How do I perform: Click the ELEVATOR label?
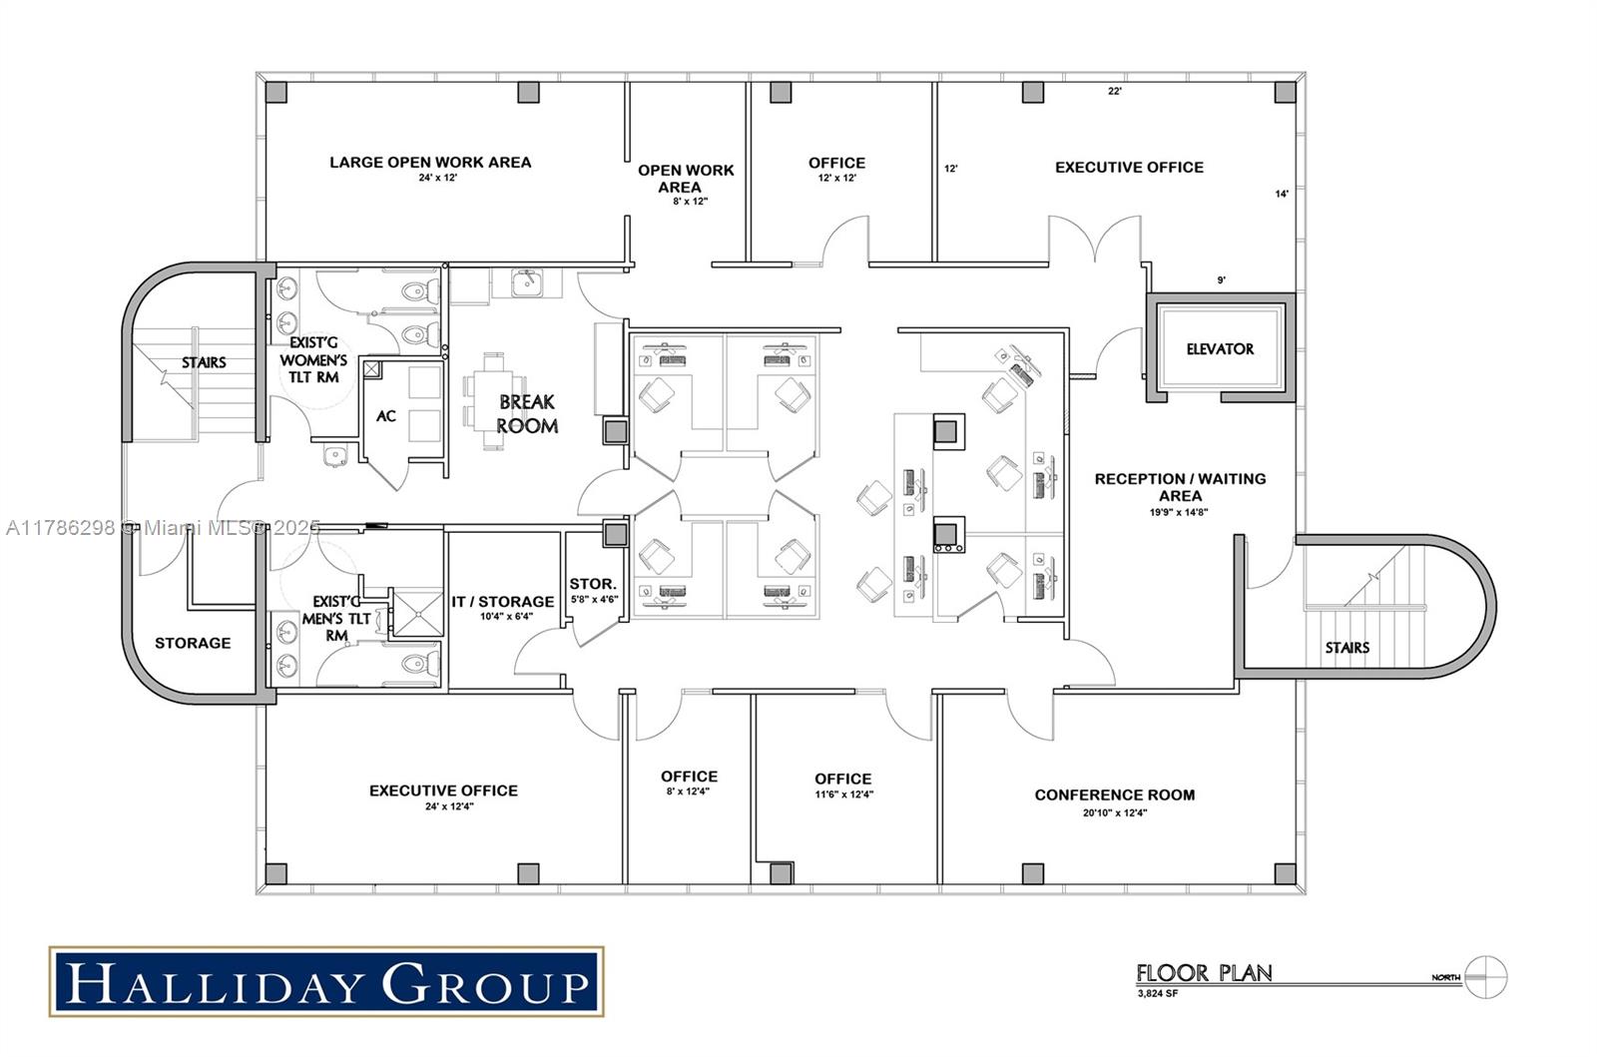(x=1220, y=349)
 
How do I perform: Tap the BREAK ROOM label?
(x=527, y=414)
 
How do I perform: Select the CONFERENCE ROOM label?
(x=1114, y=794)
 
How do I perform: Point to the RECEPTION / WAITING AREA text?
(x=1180, y=487)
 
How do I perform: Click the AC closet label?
(x=385, y=416)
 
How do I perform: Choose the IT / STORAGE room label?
(x=503, y=602)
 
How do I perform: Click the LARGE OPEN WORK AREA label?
(x=430, y=163)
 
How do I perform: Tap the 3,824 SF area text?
(x=1158, y=993)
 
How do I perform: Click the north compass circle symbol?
(x=1486, y=977)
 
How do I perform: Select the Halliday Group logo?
(x=326, y=981)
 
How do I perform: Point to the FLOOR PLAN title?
(x=1204, y=973)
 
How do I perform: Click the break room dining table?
(x=493, y=401)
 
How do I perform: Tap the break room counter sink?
(x=526, y=282)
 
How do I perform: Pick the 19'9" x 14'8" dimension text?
(x=1179, y=512)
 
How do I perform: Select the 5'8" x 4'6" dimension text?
(x=594, y=600)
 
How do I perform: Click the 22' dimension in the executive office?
(x=1115, y=91)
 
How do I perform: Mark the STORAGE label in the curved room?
(x=193, y=643)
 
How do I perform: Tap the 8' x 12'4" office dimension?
(x=688, y=792)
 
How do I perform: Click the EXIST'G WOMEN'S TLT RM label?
(x=313, y=360)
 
